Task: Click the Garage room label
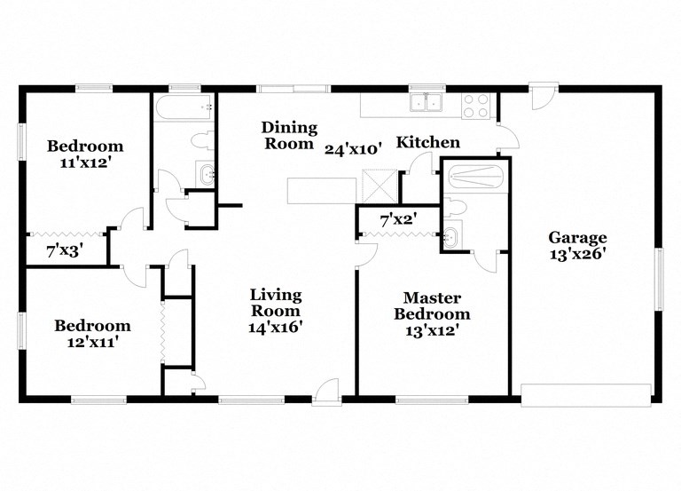coord(577,237)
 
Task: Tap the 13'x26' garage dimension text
coord(577,253)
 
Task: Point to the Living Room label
coord(275,302)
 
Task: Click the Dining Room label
coord(288,136)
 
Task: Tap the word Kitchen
coord(427,142)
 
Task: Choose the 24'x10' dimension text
coord(352,149)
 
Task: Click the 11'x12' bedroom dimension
coord(85,162)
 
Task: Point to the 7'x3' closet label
coord(64,251)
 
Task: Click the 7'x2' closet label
coord(398,218)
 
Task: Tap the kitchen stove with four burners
coord(475,106)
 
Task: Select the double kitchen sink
coord(427,104)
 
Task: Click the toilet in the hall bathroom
coord(202,141)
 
